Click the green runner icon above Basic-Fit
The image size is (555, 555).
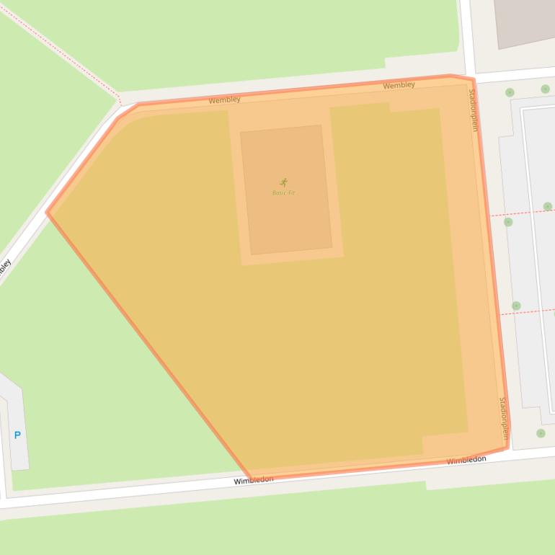pyautogui.click(x=283, y=182)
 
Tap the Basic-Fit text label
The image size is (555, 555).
pyautogui.click(x=283, y=192)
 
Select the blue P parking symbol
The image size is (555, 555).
pyautogui.click(x=17, y=435)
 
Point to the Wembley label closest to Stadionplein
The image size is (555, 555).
pyautogui.click(x=399, y=85)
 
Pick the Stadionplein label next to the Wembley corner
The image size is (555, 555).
pyautogui.click(x=474, y=110)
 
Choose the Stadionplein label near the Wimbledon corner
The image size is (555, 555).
pyautogui.click(x=504, y=418)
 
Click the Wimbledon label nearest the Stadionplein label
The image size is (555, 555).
pyautogui.click(x=466, y=460)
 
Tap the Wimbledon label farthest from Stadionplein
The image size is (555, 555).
pyautogui.click(x=253, y=480)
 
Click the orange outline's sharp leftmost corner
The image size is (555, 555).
pyautogui.click(x=48, y=212)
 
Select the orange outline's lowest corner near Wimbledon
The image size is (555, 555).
pyautogui.click(x=250, y=478)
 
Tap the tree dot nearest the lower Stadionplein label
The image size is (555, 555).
pyautogui.click(x=541, y=433)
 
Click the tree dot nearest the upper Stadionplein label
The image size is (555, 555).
pyautogui.click(x=510, y=92)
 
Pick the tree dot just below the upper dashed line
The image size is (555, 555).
pyautogui.click(x=508, y=222)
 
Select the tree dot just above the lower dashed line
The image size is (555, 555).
pyautogui.click(x=516, y=306)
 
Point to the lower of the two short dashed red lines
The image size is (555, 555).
pyautogui.click(x=530, y=312)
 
